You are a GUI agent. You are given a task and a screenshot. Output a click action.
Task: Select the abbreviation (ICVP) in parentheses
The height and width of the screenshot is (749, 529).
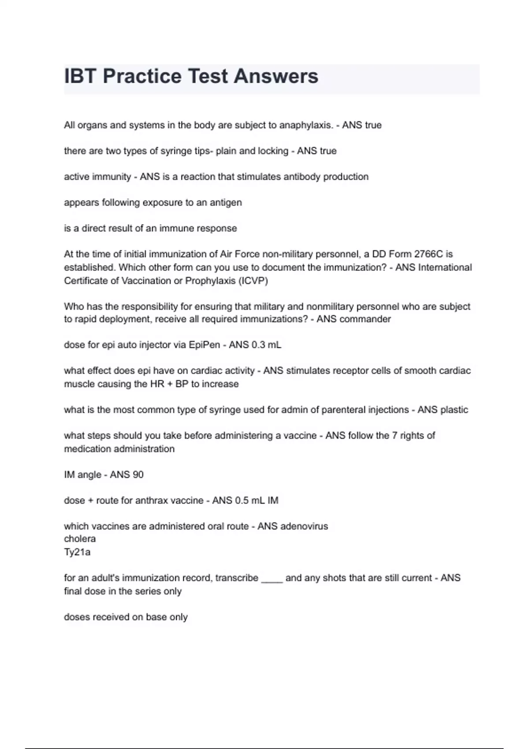[x=253, y=281]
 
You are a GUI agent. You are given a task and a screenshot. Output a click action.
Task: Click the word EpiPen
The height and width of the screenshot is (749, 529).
[x=204, y=345]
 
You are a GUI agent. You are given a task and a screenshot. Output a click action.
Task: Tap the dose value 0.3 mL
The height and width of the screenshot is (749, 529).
[x=266, y=345]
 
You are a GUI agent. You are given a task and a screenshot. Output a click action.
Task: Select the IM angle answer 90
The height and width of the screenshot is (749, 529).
[x=138, y=475]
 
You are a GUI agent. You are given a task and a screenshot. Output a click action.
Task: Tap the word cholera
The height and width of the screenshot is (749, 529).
[x=80, y=539]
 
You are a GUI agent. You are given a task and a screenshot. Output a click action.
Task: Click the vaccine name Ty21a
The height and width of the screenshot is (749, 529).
[x=77, y=552]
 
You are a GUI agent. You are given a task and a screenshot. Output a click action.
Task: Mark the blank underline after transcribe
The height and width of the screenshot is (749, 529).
[x=272, y=579]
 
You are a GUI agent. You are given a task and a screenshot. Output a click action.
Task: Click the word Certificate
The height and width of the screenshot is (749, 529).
[x=87, y=281]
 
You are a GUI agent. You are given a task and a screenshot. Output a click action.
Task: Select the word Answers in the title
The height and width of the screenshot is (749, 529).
[x=276, y=76]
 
